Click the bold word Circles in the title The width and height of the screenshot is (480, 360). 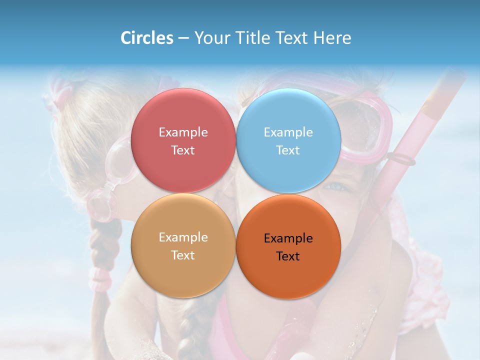pyautogui.click(x=147, y=38)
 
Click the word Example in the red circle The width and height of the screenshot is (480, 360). pyautogui.click(x=183, y=132)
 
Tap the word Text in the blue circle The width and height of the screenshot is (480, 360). pyautogui.click(x=288, y=150)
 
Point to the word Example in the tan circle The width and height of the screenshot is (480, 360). pyautogui.click(x=183, y=237)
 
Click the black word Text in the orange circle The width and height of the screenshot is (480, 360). pyautogui.click(x=288, y=256)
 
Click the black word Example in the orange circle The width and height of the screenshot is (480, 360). pyautogui.click(x=288, y=238)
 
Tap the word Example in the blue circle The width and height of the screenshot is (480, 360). pyautogui.click(x=288, y=132)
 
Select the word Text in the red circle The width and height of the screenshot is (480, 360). pyautogui.click(x=183, y=150)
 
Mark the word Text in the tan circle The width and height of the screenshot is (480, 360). pyautogui.click(x=183, y=255)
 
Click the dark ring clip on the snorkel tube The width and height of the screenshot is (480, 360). pyautogui.click(x=401, y=159)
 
